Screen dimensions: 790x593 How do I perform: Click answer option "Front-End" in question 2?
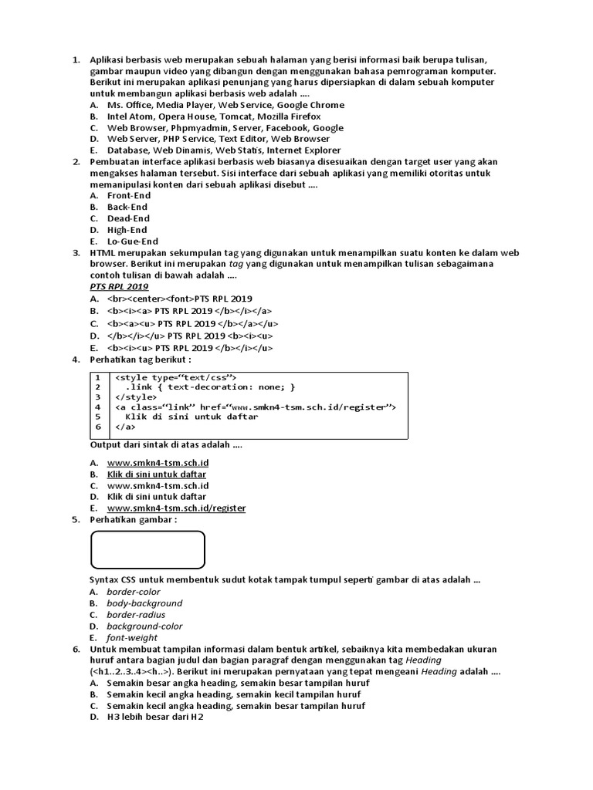coord(128,196)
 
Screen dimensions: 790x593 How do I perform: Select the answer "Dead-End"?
coord(128,218)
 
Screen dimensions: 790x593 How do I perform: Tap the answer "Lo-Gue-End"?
coord(132,241)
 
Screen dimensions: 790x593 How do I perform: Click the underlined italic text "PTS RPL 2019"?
coord(119,287)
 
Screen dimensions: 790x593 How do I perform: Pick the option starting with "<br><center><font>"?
coord(179,299)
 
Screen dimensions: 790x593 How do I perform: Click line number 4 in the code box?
coord(98,407)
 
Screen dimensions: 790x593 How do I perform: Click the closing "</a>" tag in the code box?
coord(125,427)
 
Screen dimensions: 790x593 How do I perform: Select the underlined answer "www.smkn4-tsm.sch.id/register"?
coord(176,509)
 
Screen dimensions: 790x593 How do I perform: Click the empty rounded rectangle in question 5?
coord(147,549)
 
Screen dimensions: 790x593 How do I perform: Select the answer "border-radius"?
coord(140,615)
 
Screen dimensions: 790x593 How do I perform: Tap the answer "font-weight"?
coord(132,638)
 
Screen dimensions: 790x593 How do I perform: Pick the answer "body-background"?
coord(144,603)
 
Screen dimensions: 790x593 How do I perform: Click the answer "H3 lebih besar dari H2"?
coord(155,717)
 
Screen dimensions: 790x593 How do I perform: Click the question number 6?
coord(76,650)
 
